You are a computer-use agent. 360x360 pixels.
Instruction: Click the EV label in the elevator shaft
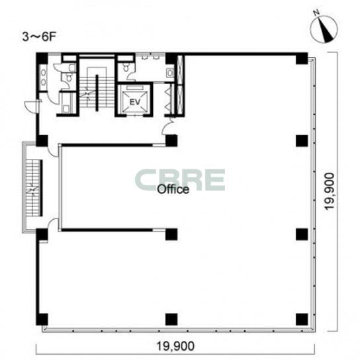click(x=135, y=102)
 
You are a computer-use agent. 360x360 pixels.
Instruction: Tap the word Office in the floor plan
click(x=173, y=189)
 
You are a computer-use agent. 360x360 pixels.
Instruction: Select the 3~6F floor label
click(x=39, y=37)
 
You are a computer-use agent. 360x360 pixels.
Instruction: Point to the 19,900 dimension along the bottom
click(x=175, y=346)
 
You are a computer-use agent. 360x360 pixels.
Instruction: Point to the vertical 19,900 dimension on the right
click(x=330, y=191)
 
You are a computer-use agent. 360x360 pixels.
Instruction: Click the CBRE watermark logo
click(x=180, y=180)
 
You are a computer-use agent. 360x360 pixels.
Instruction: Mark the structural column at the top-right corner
click(x=302, y=58)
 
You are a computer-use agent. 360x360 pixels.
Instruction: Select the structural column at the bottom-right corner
click(x=302, y=320)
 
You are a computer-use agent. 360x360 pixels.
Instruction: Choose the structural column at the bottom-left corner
click(x=42, y=320)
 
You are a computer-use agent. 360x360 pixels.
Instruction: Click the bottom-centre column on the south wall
click(x=171, y=320)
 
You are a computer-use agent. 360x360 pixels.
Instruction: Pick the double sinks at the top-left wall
click(x=43, y=77)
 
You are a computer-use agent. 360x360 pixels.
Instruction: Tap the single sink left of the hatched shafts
click(x=170, y=73)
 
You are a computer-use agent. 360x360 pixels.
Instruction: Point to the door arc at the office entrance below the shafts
click(x=168, y=126)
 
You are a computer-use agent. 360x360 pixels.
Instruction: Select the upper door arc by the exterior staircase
click(x=53, y=151)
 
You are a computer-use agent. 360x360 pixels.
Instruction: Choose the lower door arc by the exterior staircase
click(x=53, y=224)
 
